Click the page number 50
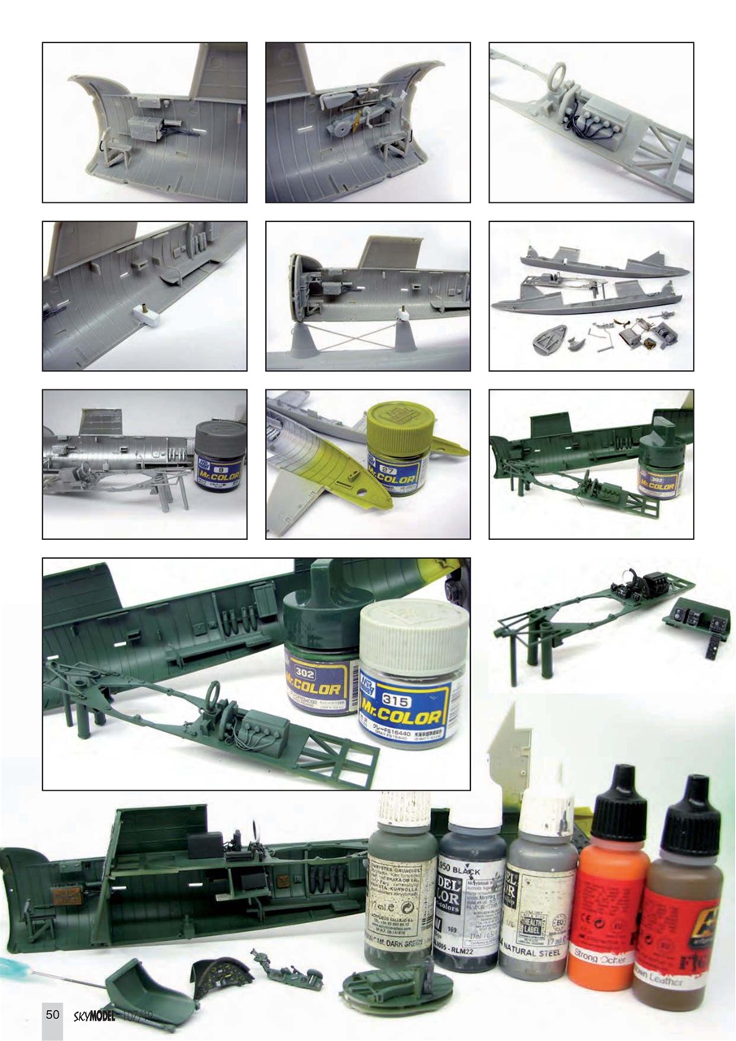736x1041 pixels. tap(52, 1014)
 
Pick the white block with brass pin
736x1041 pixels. tap(147, 314)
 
